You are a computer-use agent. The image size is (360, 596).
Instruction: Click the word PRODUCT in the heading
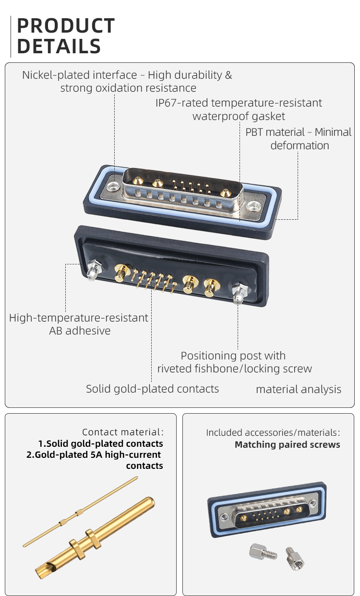click(x=66, y=26)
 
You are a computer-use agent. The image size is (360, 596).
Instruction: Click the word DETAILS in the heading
click(x=59, y=47)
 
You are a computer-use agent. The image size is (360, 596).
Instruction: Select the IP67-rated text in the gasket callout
click(x=181, y=103)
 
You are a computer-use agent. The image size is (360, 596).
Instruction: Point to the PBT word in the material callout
click(x=255, y=132)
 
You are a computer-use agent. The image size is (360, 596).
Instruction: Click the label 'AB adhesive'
click(x=80, y=331)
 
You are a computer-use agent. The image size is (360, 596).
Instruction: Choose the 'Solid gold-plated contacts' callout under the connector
click(x=152, y=389)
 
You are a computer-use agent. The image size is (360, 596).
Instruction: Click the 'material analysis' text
click(x=299, y=389)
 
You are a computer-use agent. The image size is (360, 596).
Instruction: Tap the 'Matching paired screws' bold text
click(x=287, y=445)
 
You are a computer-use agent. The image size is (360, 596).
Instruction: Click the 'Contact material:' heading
click(x=122, y=432)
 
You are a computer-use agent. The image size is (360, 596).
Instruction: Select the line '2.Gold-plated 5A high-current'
click(x=94, y=454)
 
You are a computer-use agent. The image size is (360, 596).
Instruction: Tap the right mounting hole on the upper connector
click(x=253, y=206)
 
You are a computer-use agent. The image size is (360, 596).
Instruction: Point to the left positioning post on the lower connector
click(x=94, y=270)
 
